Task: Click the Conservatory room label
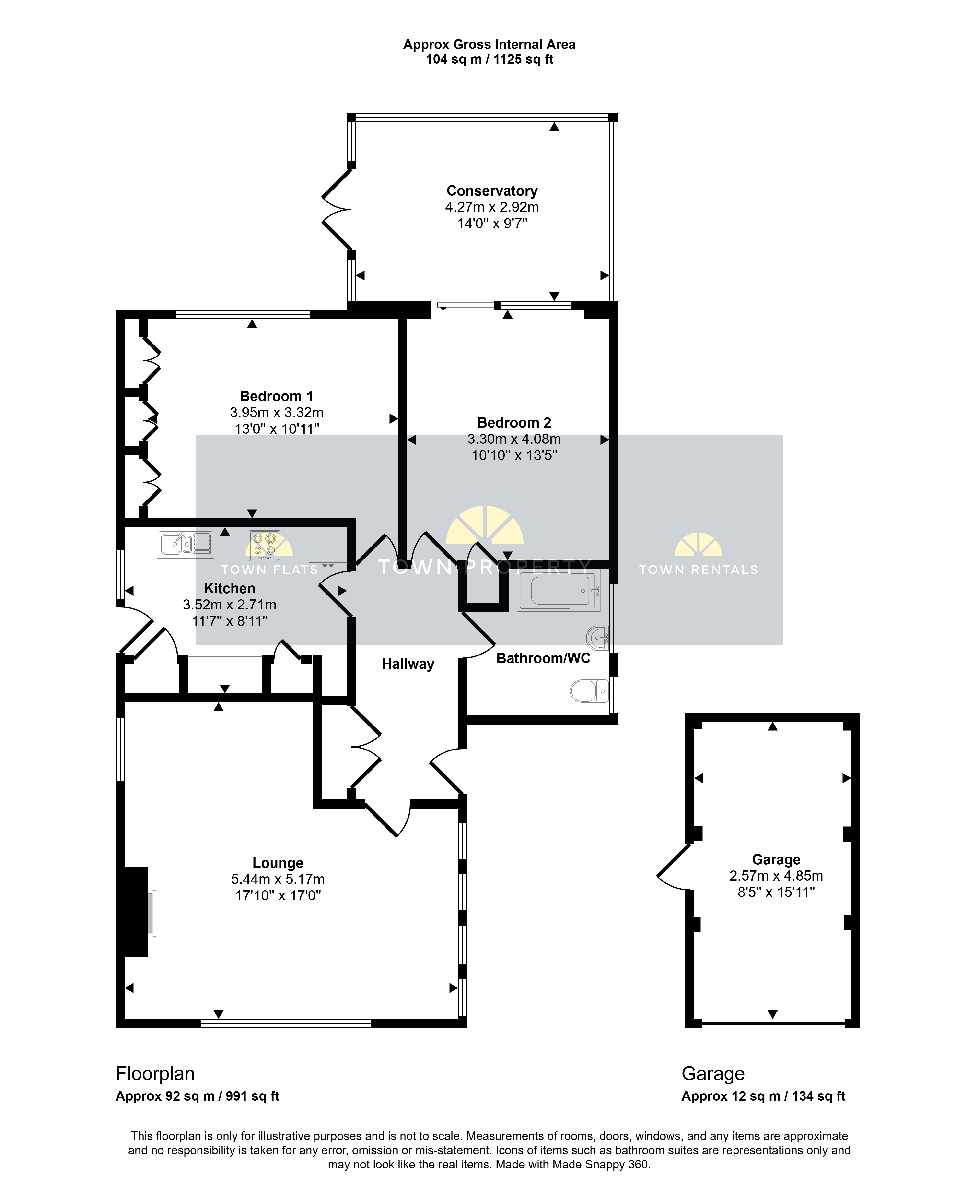(492, 191)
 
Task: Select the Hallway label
(408, 664)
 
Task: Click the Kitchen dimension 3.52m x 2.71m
(230, 605)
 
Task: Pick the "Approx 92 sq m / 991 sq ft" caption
(197, 1096)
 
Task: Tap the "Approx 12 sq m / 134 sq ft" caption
(763, 1096)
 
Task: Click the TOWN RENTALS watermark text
(699, 570)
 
